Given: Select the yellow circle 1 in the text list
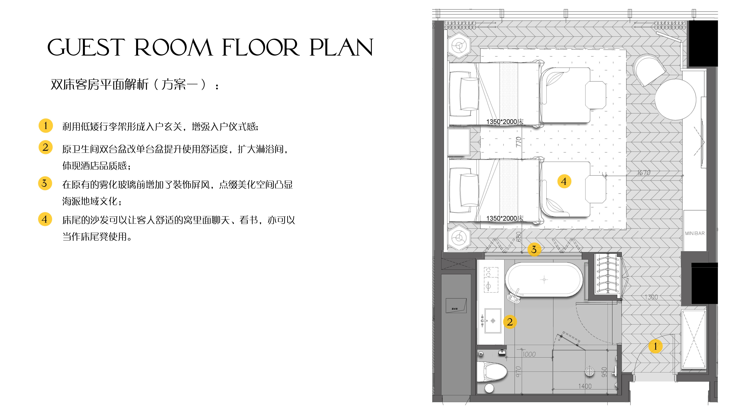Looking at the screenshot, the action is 46,125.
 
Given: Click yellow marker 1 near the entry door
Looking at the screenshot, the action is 655,346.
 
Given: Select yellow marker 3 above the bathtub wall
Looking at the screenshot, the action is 534,249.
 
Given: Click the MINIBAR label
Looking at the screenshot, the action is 695,233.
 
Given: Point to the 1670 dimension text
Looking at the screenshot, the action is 644,173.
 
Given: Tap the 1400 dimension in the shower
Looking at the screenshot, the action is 585,386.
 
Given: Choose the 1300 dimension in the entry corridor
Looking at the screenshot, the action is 651,297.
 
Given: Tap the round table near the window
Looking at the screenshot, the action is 676,99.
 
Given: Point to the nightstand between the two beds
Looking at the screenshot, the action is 459,142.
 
